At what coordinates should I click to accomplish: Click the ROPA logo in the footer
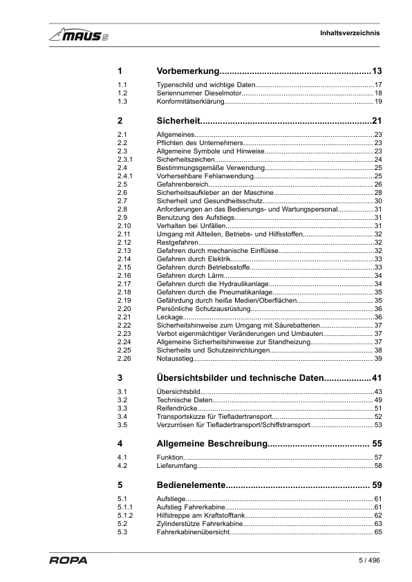[x=68, y=561]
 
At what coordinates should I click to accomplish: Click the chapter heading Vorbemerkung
[x=188, y=71]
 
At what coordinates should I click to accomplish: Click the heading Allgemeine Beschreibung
[x=212, y=443]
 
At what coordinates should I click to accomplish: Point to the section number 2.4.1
[x=125, y=176]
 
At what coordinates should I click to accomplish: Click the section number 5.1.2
[x=125, y=516]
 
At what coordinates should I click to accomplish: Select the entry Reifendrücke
[x=175, y=409]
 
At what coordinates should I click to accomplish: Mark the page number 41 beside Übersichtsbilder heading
[x=377, y=378]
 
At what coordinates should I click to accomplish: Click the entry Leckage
[x=170, y=317]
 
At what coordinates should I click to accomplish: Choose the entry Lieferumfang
[x=176, y=467]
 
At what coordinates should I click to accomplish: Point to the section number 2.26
[x=124, y=359]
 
